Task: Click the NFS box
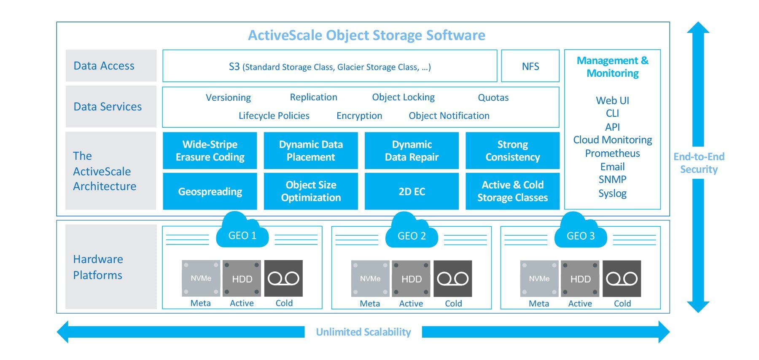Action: [x=530, y=66]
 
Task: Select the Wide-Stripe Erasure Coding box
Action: [x=210, y=150]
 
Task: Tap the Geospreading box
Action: [x=210, y=191]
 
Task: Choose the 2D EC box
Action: [x=412, y=191]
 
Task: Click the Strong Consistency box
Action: [x=512, y=150]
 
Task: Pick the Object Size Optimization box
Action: [x=311, y=191]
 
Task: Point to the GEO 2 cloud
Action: [x=411, y=233]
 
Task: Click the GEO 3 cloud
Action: [x=580, y=233]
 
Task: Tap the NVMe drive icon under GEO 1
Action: [x=201, y=278]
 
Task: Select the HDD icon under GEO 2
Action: [x=411, y=279]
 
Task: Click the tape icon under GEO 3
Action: [x=622, y=279]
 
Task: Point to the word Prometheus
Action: [x=612, y=153]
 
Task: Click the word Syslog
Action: [x=612, y=193]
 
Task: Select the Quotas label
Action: [x=493, y=98]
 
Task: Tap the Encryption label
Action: [x=359, y=116]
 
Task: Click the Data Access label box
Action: [x=111, y=66]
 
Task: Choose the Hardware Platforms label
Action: [x=98, y=267]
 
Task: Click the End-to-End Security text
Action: [x=699, y=163]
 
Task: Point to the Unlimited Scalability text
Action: [x=363, y=332]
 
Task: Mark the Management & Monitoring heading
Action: [x=612, y=67]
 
